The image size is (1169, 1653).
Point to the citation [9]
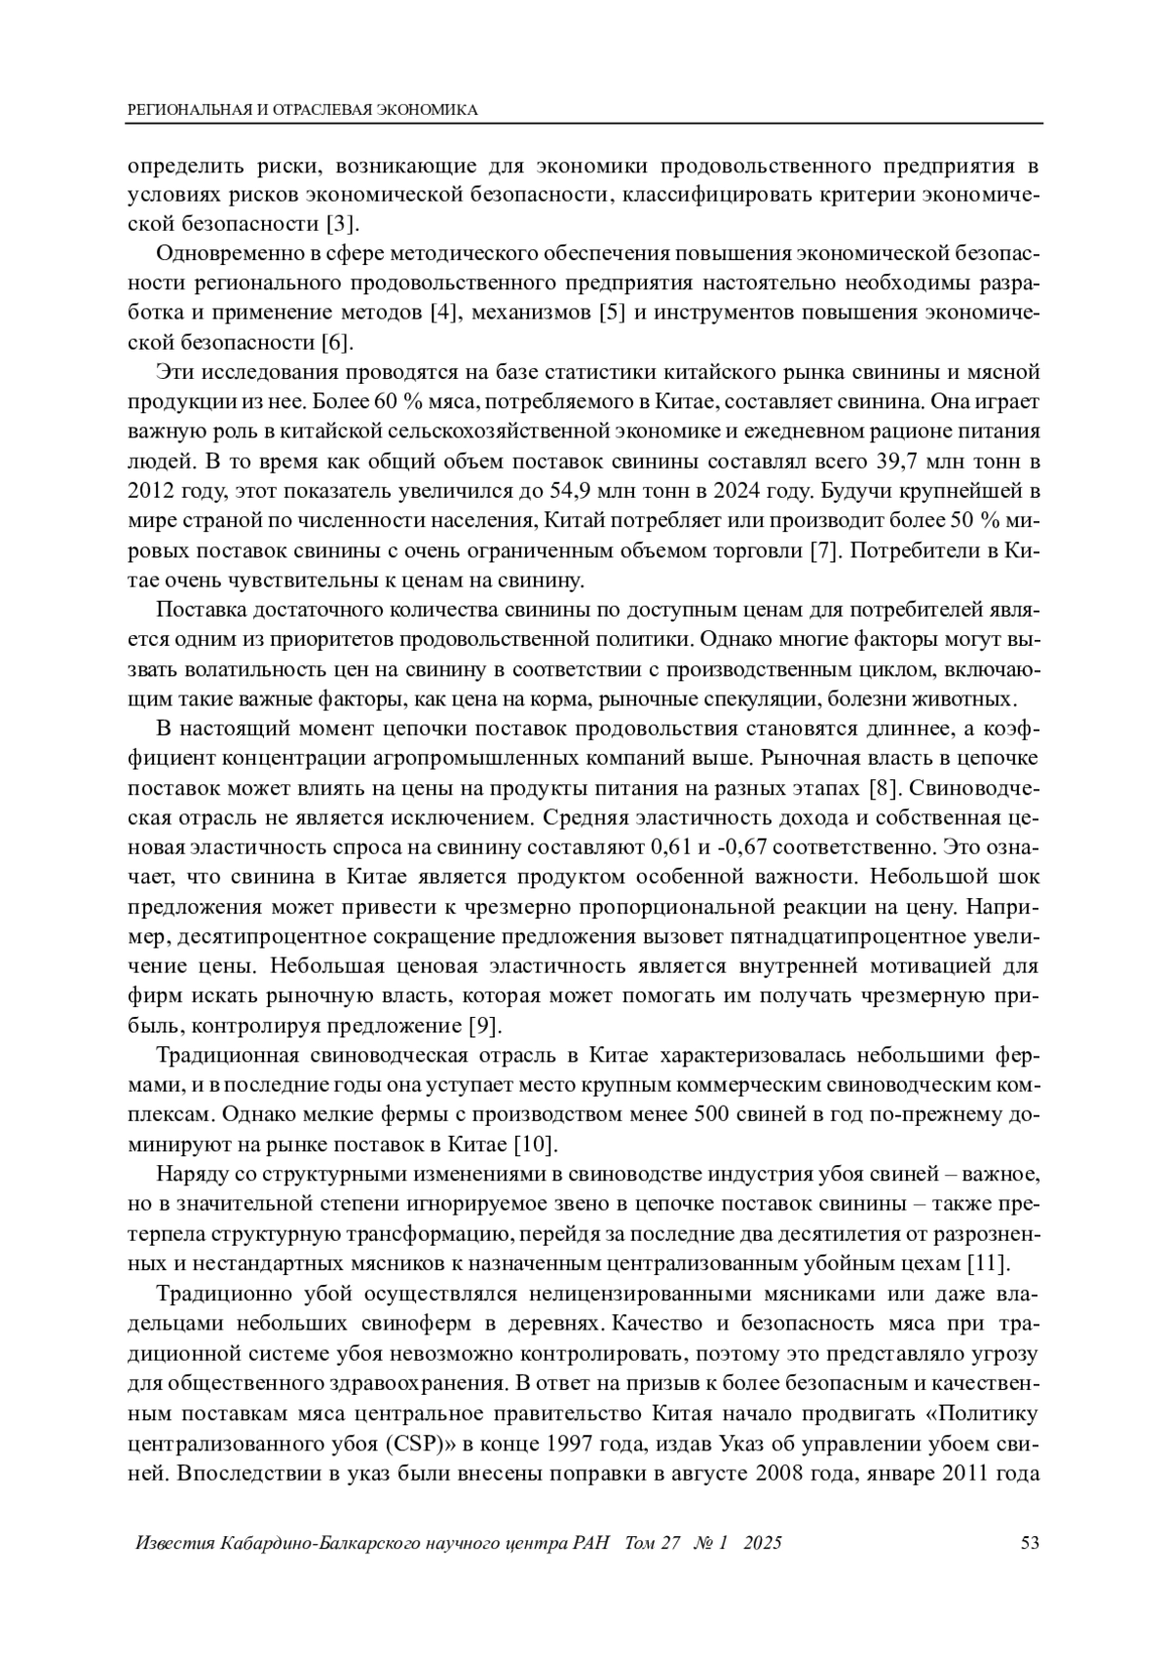pos(485,1026)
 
